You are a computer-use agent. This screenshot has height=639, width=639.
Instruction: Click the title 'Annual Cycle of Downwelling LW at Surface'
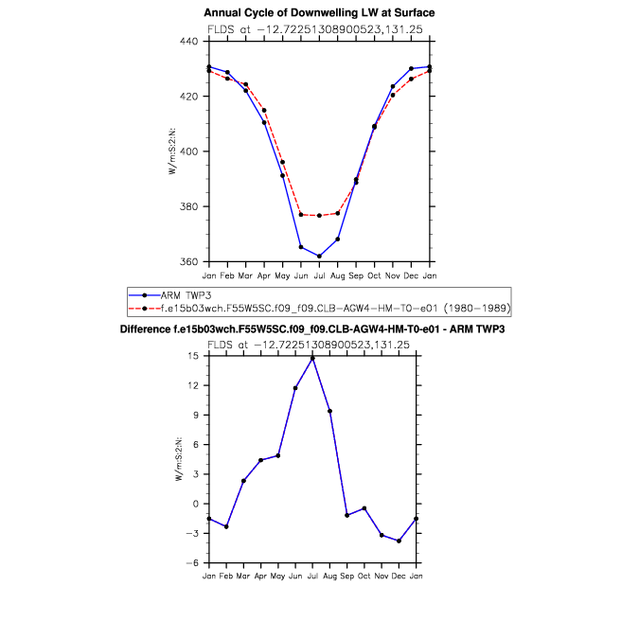coord(319,12)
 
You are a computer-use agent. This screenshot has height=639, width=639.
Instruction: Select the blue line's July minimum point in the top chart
coord(319,256)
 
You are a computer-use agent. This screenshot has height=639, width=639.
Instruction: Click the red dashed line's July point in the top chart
coord(319,216)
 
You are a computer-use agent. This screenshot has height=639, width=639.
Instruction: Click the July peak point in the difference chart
coord(312,357)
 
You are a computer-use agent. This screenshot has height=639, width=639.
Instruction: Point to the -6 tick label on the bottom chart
coord(192,562)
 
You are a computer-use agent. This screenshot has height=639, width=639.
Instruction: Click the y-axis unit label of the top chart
coord(173,151)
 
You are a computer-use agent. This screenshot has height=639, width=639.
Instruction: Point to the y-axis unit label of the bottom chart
coord(179,459)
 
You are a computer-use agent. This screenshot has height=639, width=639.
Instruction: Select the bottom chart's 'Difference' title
coord(319,328)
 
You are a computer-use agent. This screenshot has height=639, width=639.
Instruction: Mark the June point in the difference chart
coord(295,388)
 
